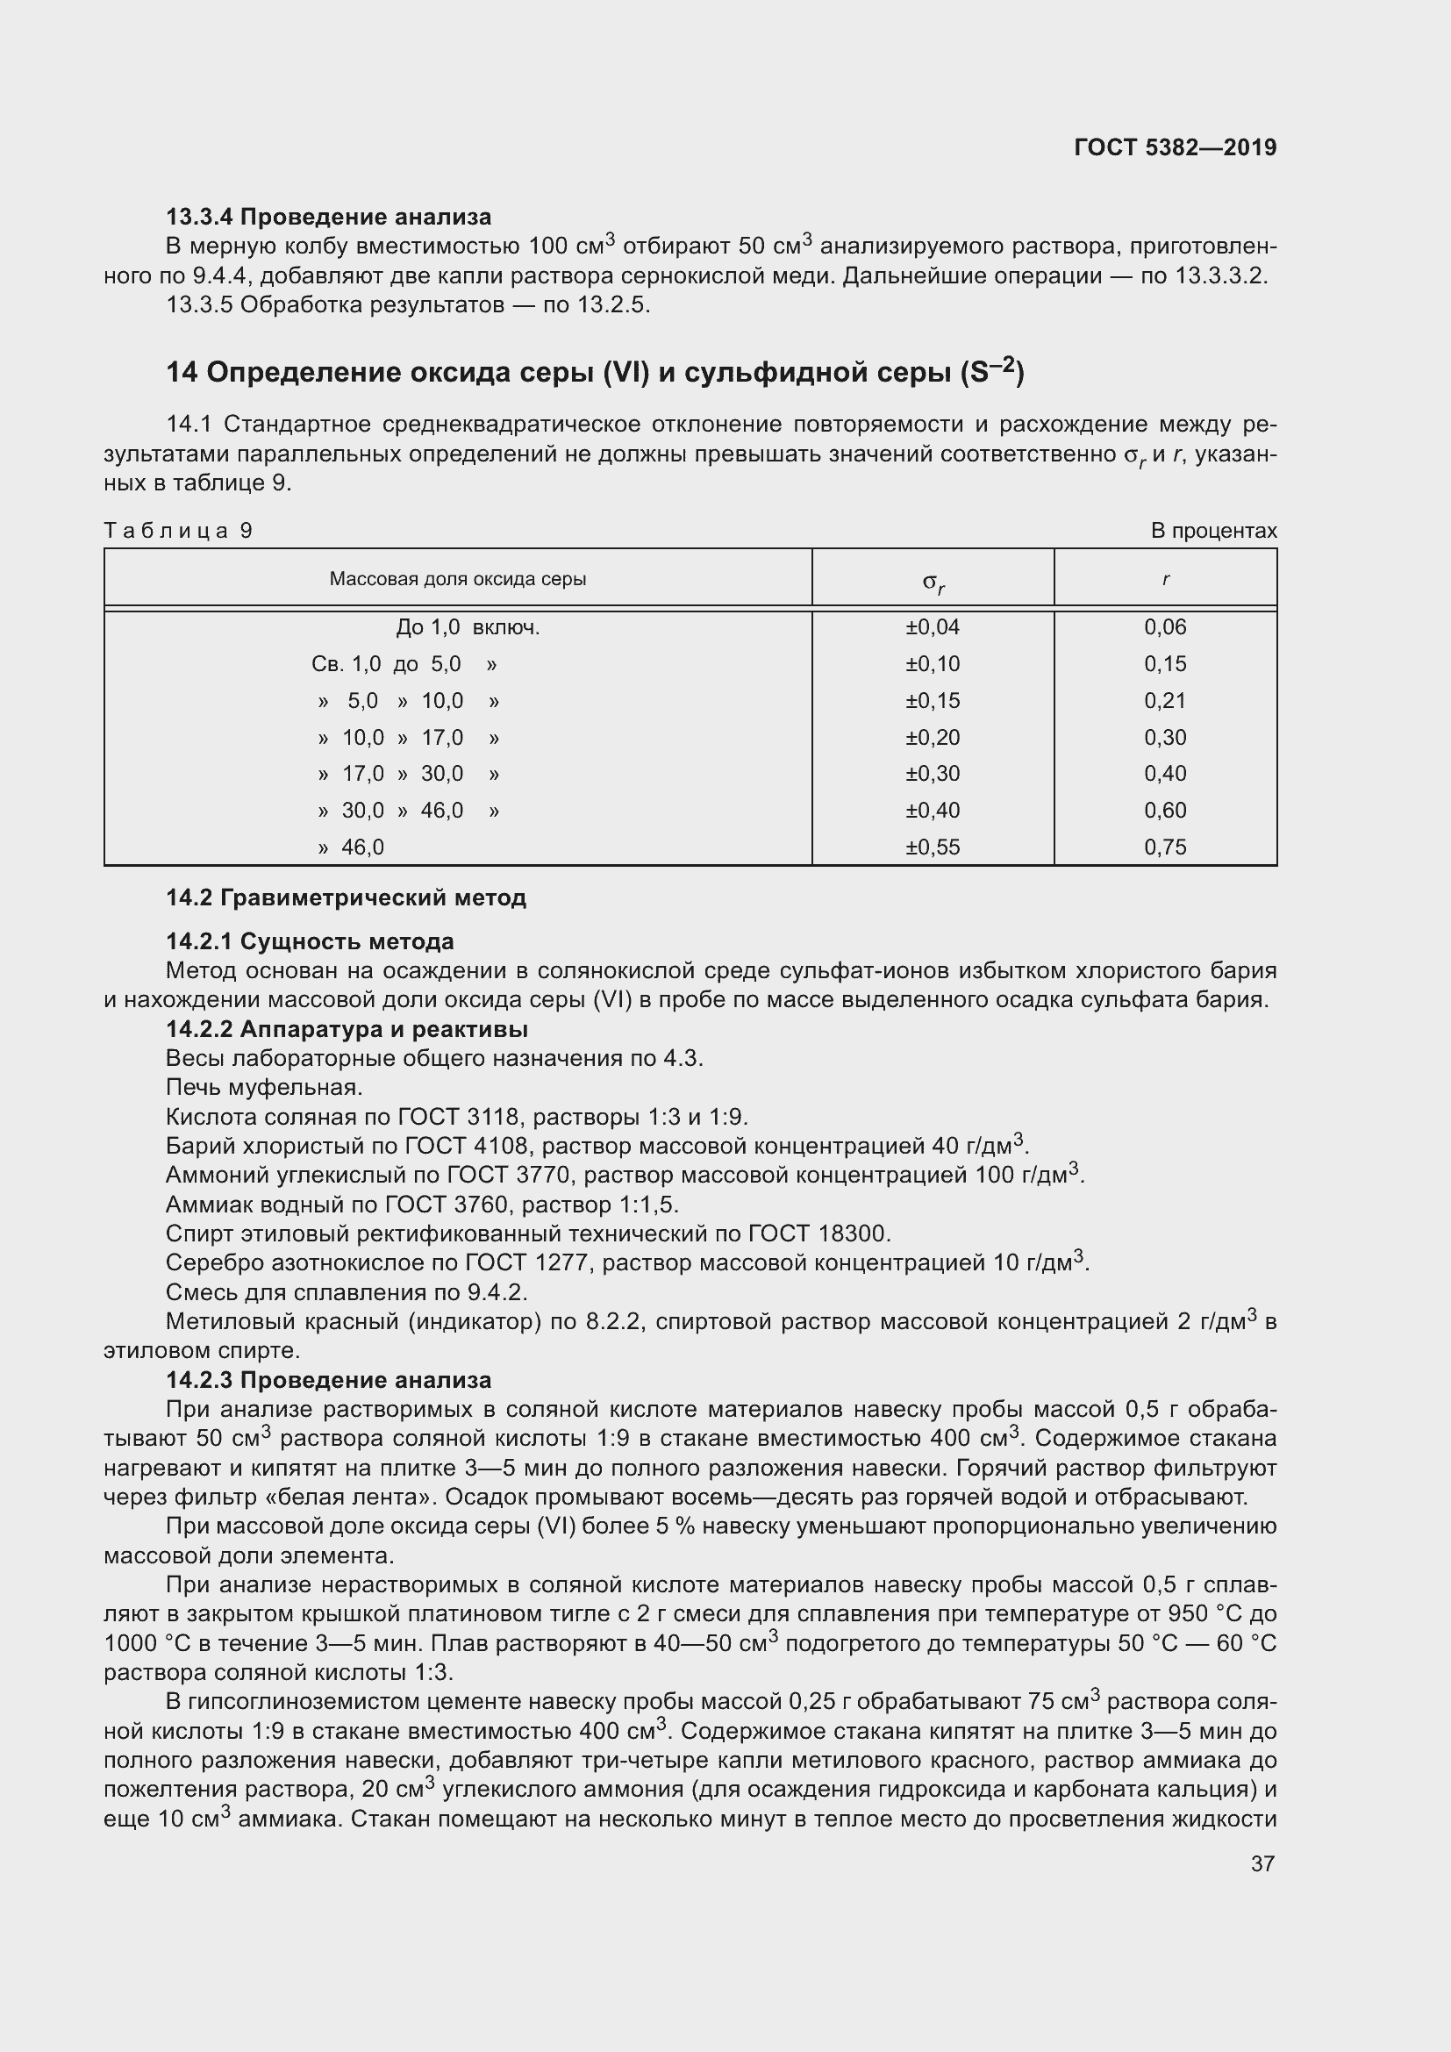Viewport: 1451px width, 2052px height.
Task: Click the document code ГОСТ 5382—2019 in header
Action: [x=1175, y=147]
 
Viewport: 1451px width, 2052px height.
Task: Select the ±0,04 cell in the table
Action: [x=932, y=627]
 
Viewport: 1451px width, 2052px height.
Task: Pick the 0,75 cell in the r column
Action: [x=1165, y=847]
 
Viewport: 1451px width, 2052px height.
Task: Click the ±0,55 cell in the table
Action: [x=932, y=847]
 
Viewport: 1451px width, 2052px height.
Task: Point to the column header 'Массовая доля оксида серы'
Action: [x=457, y=579]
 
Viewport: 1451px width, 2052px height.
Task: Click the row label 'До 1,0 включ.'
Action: [x=468, y=628]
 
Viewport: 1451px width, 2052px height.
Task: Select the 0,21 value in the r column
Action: [x=1165, y=701]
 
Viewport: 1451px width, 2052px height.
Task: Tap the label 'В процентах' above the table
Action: [x=1213, y=531]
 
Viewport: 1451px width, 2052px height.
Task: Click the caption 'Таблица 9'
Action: [x=179, y=531]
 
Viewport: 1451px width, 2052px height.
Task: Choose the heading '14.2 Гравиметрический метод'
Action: [x=346, y=898]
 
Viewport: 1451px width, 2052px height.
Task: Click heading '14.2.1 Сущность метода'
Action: [x=310, y=942]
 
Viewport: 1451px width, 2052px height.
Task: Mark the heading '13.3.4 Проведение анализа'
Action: [x=329, y=218]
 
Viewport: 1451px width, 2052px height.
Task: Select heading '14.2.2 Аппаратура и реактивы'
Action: [x=347, y=1030]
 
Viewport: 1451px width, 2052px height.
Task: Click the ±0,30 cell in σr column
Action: [x=932, y=774]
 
